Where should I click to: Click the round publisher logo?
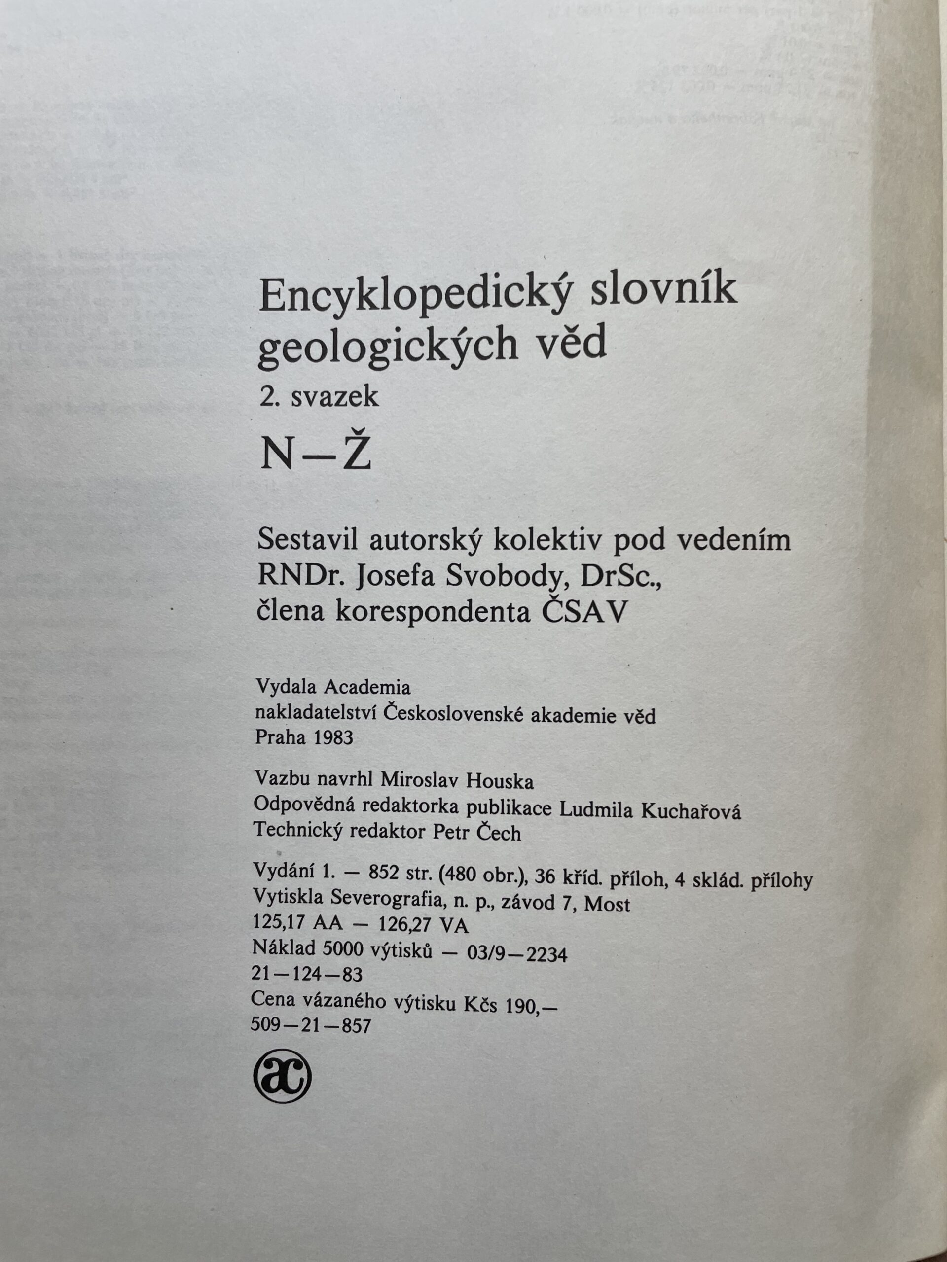point(282,1077)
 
